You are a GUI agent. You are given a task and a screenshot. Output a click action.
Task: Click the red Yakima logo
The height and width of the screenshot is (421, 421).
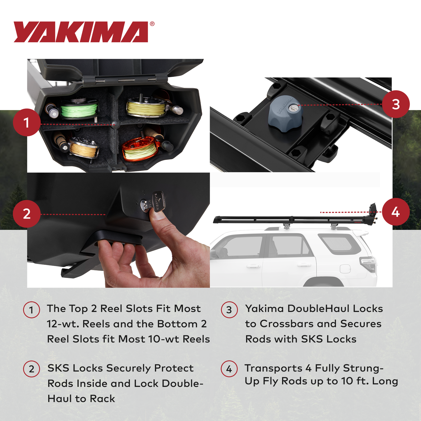pyautogui.click(x=81, y=32)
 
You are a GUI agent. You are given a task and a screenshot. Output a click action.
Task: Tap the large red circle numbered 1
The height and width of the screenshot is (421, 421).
pyautogui.click(x=27, y=122)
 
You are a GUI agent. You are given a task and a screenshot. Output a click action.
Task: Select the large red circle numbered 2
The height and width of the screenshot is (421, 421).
pyautogui.click(x=27, y=214)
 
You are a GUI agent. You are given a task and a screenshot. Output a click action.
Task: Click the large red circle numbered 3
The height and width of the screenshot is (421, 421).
pyautogui.click(x=396, y=104)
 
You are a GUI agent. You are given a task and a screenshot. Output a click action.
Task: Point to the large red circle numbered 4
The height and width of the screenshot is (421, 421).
pyautogui.click(x=396, y=212)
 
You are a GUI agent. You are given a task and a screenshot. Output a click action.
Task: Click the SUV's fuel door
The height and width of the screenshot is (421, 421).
pyautogui.click(x=345, y=268)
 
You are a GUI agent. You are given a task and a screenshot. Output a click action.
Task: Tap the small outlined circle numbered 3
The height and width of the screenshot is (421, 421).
pyautogui.click(x=229, y=310)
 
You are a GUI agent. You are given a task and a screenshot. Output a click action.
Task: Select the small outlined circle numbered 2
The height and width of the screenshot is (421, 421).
pyautogui.click(x=31, y=369)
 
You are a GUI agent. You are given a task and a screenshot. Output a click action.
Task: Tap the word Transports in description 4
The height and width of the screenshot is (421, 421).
pyautogui.click(x=273, y=368)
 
